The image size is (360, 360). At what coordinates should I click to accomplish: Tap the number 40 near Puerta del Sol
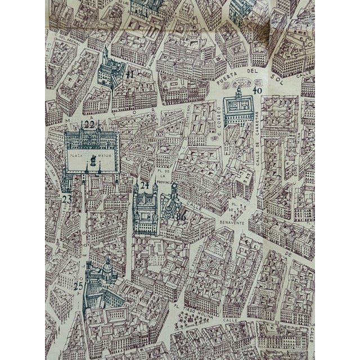pyautogui.click(x=258, y=91)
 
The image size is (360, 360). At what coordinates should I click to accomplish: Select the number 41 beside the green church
pyautogui.click(x=130, y=74)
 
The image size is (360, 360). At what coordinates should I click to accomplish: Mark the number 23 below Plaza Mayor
pyautogui.click(x=67, y=198)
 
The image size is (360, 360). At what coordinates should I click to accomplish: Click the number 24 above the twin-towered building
pyautogui.click(x=145, y=186)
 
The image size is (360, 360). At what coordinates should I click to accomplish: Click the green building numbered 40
pyautogui.click(x=238, y=110)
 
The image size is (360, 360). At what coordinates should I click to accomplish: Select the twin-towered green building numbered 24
pyautogui.click(x=145, y=211)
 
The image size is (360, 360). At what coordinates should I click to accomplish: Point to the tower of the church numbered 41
pyautogui.click(x=105, y=56)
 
